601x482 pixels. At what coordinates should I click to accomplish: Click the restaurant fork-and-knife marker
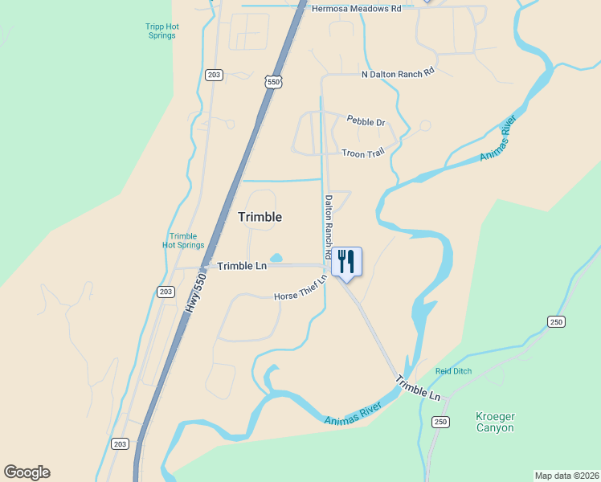click(346, 262)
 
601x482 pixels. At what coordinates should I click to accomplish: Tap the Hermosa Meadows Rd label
click(356, 8)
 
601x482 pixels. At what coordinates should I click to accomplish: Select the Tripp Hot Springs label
click(161, 31)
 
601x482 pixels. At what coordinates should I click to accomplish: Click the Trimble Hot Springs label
click(183, 240)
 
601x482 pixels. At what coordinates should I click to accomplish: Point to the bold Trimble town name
click(260, 217)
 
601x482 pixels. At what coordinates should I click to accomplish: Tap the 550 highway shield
click(275, 81)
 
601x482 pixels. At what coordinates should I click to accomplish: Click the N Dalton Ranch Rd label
click(398, 71)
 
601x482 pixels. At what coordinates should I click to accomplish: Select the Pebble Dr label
click(366, 121)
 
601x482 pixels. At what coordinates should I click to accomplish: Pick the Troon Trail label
click(363, 153)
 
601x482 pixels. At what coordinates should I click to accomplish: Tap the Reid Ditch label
click(453, 371)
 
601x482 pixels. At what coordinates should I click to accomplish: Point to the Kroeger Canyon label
click(494, 422)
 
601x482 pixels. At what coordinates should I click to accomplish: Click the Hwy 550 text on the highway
click(195, 292)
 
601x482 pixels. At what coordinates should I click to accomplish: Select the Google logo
click(27, 472)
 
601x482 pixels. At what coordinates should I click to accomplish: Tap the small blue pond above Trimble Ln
click(276, 258)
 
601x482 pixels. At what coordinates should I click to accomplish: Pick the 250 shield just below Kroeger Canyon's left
click(440, 422)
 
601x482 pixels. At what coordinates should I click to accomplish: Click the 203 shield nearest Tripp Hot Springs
click(213, 75)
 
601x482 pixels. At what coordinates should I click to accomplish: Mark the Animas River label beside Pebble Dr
click(498, 137)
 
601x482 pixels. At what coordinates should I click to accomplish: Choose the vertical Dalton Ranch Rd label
click(329, 227)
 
